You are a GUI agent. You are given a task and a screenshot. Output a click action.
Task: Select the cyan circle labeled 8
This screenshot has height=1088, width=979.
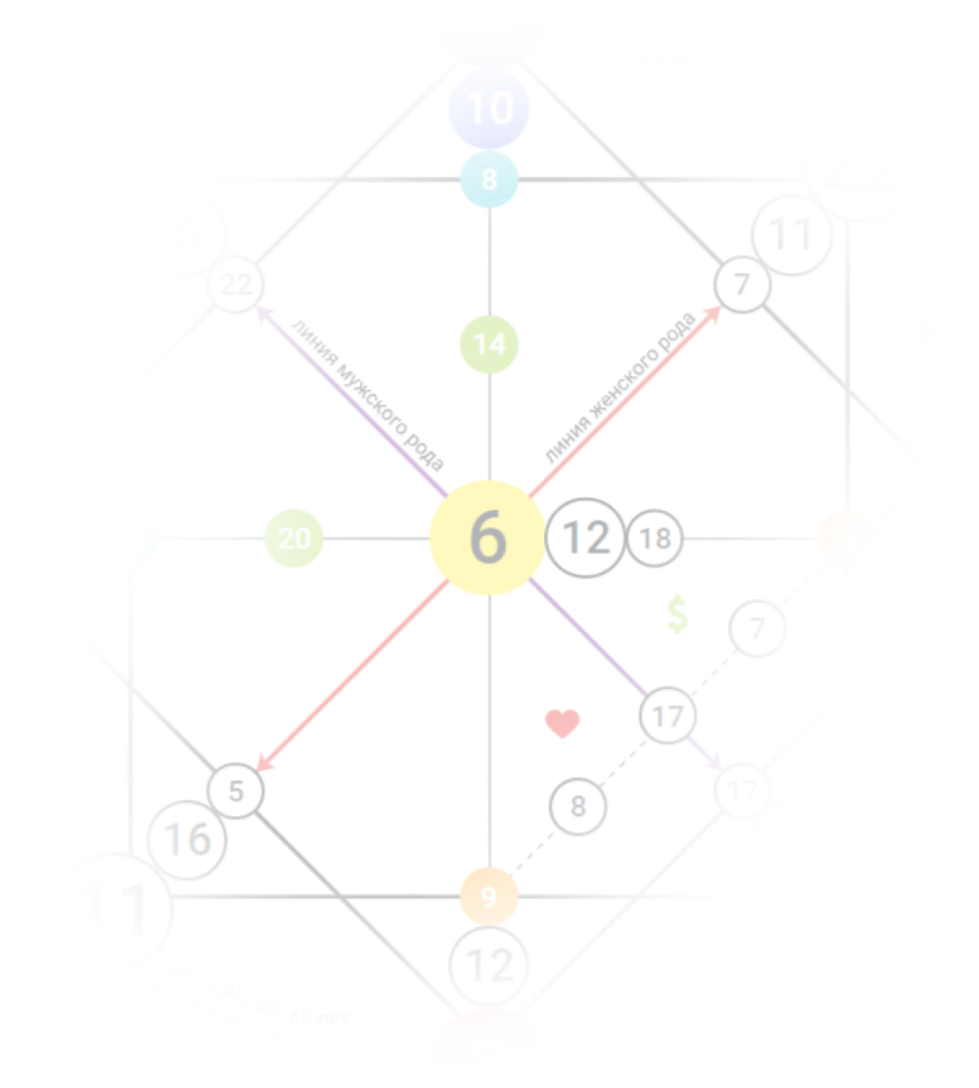[488, 178]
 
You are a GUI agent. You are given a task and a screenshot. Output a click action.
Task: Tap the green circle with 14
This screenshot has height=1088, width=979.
[489, 344]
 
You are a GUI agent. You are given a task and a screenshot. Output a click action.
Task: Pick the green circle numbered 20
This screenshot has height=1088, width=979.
[294, 538]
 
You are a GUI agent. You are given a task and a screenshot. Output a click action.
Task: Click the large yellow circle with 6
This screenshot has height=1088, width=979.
[488, 538]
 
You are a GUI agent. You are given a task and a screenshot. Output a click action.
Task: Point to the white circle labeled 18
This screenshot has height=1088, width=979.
[655, 538]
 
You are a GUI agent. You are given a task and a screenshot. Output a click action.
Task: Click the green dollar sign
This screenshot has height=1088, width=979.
[677, 615]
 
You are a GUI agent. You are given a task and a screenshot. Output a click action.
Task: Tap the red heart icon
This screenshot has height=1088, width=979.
[562, 724]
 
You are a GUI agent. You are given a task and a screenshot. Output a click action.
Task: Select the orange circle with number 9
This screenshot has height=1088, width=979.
[489, 896]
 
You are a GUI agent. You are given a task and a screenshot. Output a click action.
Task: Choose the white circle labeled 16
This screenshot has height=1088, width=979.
[188, 839]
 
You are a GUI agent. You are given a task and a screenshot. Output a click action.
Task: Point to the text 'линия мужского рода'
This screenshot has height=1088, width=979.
[366, 392]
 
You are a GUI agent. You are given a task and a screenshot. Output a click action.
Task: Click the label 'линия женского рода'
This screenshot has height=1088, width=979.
[620, 388]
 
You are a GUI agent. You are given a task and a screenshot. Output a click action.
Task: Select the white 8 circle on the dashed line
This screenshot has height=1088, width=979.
[578, 807]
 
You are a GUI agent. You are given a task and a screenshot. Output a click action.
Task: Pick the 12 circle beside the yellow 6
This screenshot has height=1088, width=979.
[585, 538]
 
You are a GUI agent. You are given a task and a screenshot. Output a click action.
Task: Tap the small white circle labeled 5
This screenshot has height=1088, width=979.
[236, 790]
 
